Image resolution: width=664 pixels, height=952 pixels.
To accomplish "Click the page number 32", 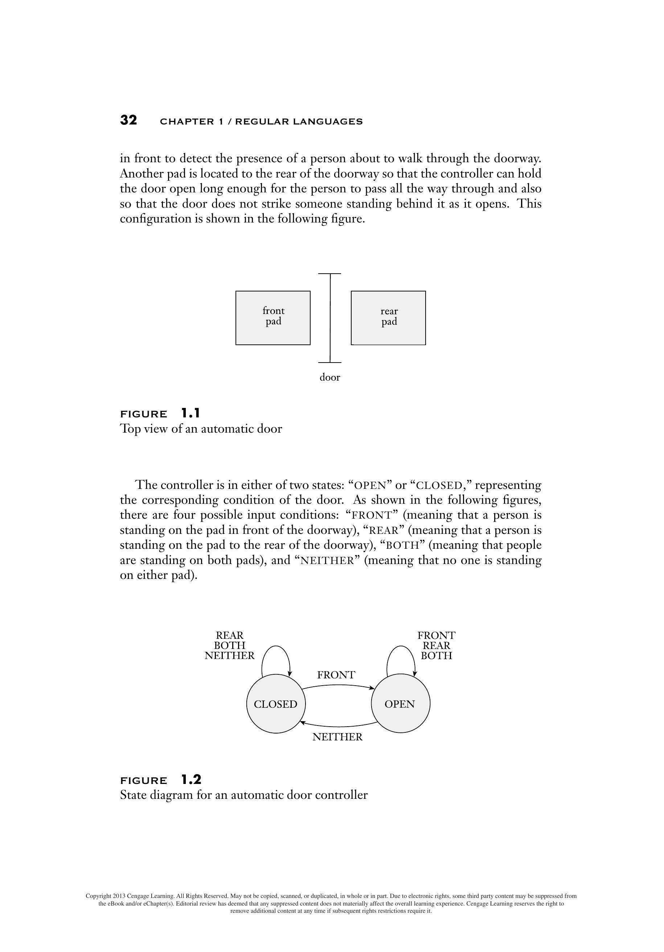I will pos(128,120).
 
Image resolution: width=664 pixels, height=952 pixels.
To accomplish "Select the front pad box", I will pos(273,318).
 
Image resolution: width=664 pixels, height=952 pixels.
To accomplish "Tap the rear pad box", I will pos(388,318).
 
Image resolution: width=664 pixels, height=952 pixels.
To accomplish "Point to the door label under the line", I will pos(329,377).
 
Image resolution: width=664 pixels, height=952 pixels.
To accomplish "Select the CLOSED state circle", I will pos(276,704).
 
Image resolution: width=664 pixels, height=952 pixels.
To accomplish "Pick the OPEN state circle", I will pos(400,704).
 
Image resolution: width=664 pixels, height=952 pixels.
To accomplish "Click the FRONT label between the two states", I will pos(336,675).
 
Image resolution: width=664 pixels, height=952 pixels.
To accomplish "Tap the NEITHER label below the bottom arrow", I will pos(337,737).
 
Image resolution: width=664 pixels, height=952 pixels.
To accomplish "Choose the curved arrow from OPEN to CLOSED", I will pos(338,727).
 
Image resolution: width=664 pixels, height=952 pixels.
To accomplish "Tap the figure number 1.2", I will pos(191,780).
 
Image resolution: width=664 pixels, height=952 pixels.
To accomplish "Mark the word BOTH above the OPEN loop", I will pos(436,656).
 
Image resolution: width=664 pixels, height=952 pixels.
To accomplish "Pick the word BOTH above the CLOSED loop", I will pos(230,646).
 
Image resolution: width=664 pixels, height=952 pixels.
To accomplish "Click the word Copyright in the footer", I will pos(98,896).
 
